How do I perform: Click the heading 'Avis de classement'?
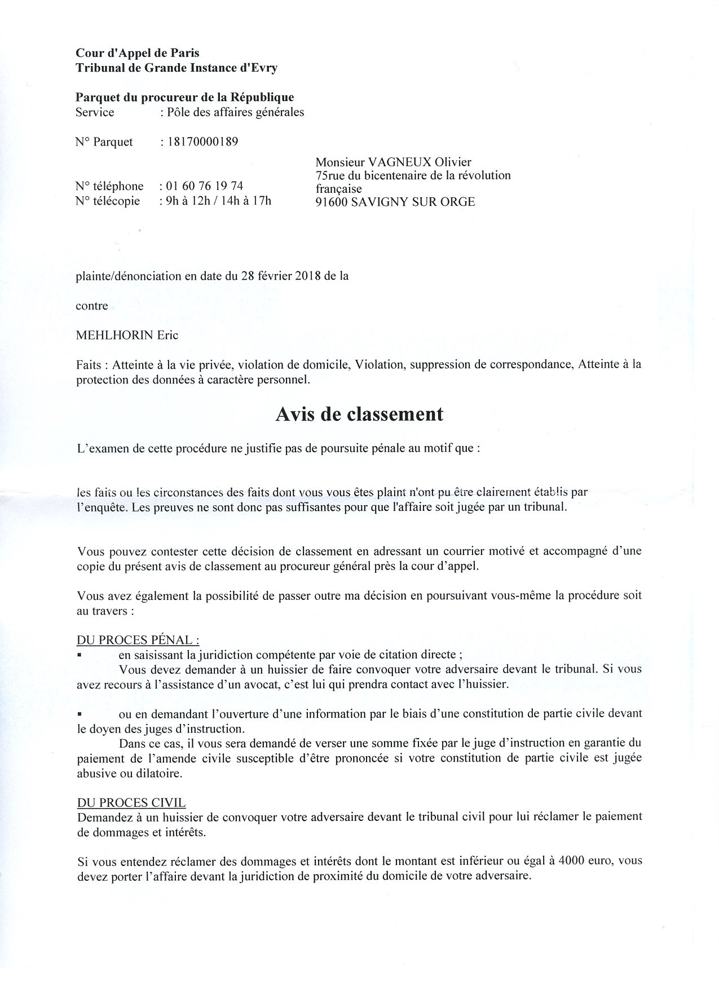click(x=359, y=414)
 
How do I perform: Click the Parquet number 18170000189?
click(x=202, y=142)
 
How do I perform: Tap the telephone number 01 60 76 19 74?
click(x=205, y=186)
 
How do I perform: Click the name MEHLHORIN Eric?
click(x=127, y=335)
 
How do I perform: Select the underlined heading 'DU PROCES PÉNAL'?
click(x=138, y=640)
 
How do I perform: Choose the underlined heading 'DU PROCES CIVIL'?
click(x=131, y=802)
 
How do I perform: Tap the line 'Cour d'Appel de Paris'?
click(x=138, y=53)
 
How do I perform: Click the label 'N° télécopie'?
click(x=108, y=201)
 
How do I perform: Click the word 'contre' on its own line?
click(x=92, y=306)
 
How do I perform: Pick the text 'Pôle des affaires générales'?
click(x=235, y=112)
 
